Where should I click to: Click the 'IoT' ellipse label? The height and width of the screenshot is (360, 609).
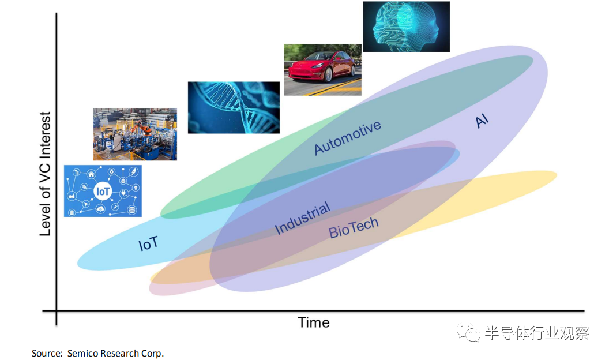148,243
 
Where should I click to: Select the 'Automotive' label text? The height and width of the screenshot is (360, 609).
348,137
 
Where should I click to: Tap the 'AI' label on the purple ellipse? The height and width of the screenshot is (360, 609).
482,121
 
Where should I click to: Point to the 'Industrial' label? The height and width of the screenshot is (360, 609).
302,218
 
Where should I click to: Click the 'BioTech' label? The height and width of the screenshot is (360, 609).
354,227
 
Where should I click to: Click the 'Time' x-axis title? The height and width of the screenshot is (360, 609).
314,322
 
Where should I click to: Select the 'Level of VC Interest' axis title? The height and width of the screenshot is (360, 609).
45,174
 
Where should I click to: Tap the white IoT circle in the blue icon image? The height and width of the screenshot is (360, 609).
103,191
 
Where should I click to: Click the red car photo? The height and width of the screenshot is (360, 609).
323,69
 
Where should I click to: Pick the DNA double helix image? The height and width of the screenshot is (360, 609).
234,107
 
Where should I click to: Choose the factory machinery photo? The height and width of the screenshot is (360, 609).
135,134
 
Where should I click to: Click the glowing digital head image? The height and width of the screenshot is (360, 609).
406,27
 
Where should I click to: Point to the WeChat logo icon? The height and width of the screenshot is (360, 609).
469,332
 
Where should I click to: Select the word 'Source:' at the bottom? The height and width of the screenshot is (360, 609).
47,354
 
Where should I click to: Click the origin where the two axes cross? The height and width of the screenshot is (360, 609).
57,311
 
